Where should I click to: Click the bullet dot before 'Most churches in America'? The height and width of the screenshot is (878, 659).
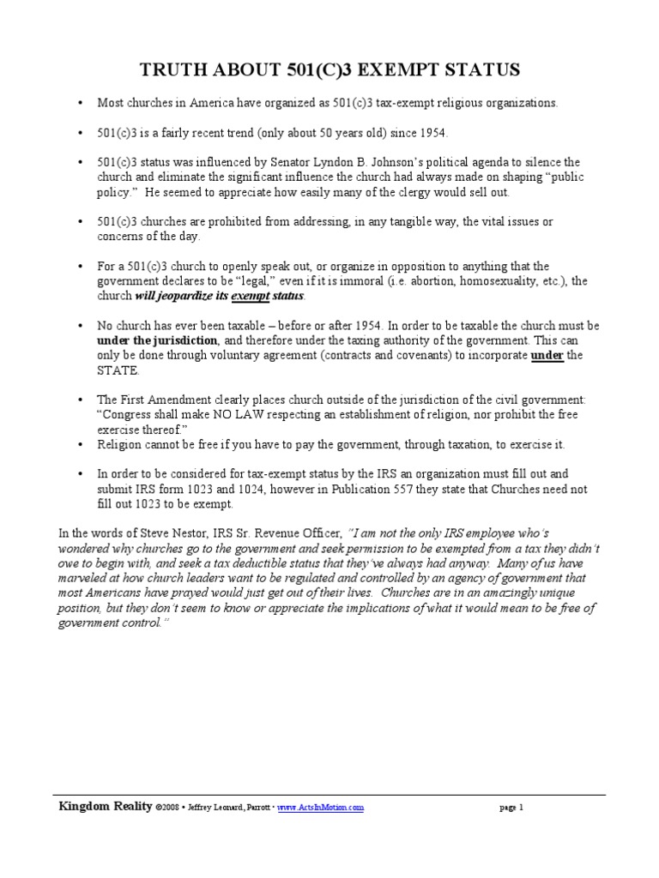[80, 103]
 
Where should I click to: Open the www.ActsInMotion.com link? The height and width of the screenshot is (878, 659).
[321, 808]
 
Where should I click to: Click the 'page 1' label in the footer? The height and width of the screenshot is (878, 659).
[511, 808]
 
